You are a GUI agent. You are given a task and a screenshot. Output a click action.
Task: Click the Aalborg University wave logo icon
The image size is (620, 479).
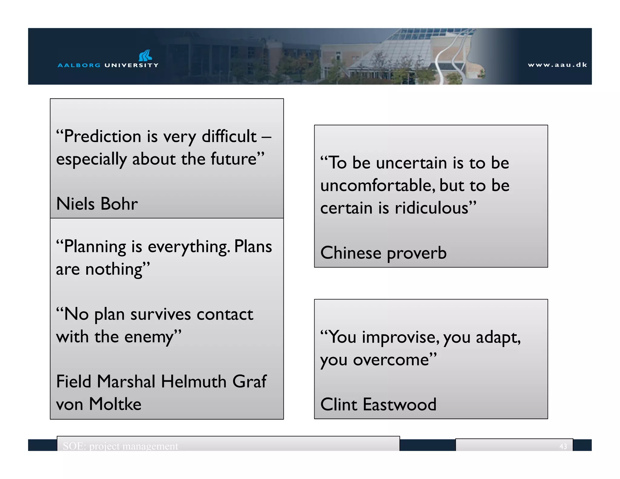pos(145,56)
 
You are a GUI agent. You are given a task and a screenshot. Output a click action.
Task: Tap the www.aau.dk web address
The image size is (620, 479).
pos(557,65)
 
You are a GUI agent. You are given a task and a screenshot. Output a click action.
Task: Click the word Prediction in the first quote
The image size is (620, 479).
pos(103,136)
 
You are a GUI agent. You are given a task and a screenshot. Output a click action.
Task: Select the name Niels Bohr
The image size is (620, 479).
pos(97,203)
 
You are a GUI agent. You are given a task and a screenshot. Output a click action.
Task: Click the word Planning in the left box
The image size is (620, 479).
pos(95,246)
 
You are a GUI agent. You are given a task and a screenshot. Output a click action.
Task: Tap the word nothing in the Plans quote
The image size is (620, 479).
pos(114,269)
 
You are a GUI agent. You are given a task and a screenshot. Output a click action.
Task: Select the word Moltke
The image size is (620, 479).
pos(115,404)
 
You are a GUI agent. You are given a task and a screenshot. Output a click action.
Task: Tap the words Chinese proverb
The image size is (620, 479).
pos(383,253)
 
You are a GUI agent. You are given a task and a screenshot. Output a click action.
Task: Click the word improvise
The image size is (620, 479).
pos(400,337)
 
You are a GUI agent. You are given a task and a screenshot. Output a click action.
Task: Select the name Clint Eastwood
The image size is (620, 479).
pos(378,405)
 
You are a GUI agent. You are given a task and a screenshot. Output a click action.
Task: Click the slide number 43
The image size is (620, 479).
pos(563,446)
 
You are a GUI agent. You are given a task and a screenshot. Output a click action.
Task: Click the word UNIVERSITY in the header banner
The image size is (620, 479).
pos(131,65)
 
